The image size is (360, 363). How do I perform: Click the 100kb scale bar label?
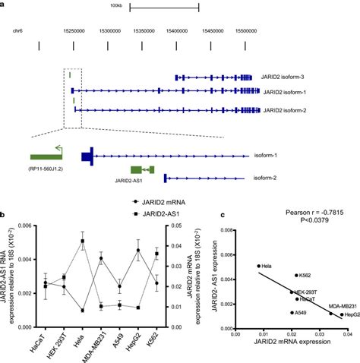(x=116, y=5)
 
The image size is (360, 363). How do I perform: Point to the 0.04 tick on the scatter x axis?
(x=348, y=333)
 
